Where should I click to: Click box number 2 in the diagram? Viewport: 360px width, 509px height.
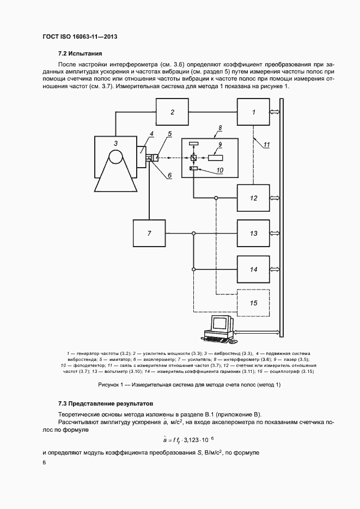click(172, 113)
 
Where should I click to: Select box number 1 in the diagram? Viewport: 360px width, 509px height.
click(253, 113)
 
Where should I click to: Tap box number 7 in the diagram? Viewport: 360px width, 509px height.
click(149, 234)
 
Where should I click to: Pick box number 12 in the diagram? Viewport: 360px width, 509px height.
click(253, 198)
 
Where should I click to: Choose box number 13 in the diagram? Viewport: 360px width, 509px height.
click(253, 234)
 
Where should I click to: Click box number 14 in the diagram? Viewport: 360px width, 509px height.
click(253, 269)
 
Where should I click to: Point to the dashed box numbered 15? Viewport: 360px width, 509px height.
click(253, 302)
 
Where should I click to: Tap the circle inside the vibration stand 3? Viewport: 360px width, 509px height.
click(116, 158)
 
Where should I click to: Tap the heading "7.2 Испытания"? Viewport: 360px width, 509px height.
click(80, 53)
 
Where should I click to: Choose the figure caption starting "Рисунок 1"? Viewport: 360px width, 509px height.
click(189, 385)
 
